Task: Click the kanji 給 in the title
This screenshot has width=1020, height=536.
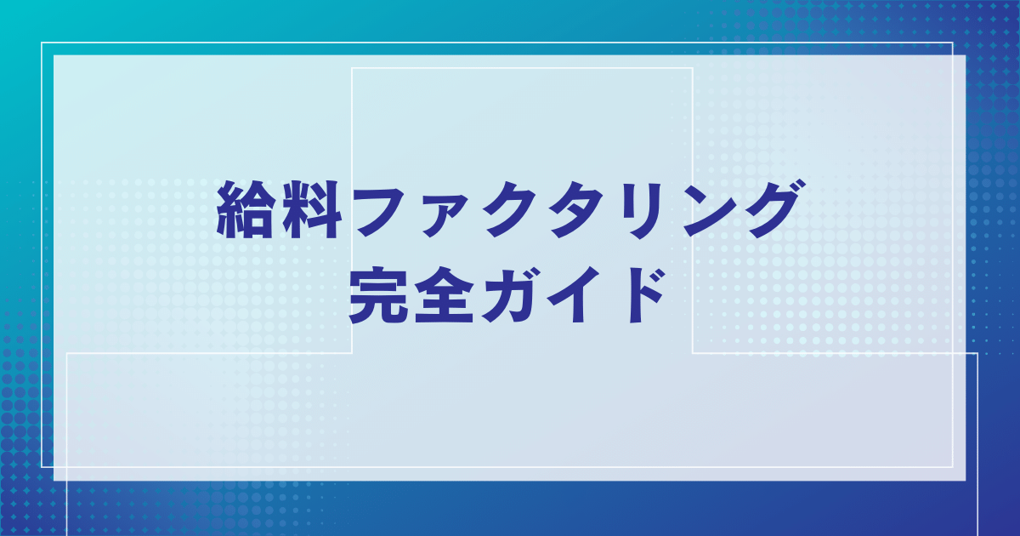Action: (246, 209)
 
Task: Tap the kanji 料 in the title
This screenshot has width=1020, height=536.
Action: (313, 209)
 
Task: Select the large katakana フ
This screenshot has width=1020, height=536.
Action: (379, 211)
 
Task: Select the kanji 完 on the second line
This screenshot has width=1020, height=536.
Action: (378, 295)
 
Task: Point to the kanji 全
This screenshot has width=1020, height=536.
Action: (444, 295)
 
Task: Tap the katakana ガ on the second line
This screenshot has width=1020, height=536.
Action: (509, 295)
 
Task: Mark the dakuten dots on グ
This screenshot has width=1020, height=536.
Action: (795, 187)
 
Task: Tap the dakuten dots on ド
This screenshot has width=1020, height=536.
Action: (654, 279)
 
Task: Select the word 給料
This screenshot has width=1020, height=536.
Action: (280, 209)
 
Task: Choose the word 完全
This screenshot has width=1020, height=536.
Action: (411, 295)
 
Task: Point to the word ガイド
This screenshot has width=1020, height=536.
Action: (573, 295)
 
